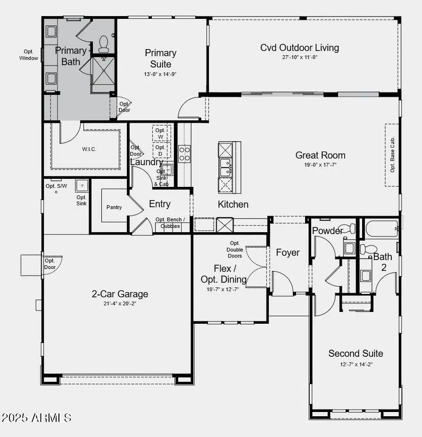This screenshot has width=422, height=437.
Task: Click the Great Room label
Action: tap(320, 155)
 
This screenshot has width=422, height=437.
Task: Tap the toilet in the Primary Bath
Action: tap(104, 43)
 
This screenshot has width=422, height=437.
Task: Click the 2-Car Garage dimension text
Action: tap(119, 303)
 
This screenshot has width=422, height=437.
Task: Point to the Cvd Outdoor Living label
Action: tap(299, 48)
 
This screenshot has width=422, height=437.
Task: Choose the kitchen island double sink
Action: tap(225, 168)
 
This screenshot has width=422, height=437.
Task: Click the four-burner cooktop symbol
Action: tap(184, 153)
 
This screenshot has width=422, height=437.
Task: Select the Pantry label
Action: tap(114, 207)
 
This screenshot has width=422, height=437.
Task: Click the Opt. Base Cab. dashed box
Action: tap(392, 155)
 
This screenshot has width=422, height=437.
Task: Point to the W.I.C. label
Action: tap(89, 149)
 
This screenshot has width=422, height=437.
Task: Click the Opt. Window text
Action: tap(28, 55)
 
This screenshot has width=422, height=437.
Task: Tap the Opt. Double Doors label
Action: tap(234, 249)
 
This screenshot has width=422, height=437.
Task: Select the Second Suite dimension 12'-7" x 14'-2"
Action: tap(356, 364)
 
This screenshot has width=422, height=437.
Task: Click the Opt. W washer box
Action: tap(161, 133)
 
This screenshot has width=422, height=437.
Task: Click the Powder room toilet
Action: tap(348, 229)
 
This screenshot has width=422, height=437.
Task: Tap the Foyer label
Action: tap(288, 252)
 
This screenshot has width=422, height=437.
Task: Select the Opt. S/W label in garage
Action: tap(56, 185)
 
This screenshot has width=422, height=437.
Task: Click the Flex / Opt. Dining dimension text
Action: tap(223, 289)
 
